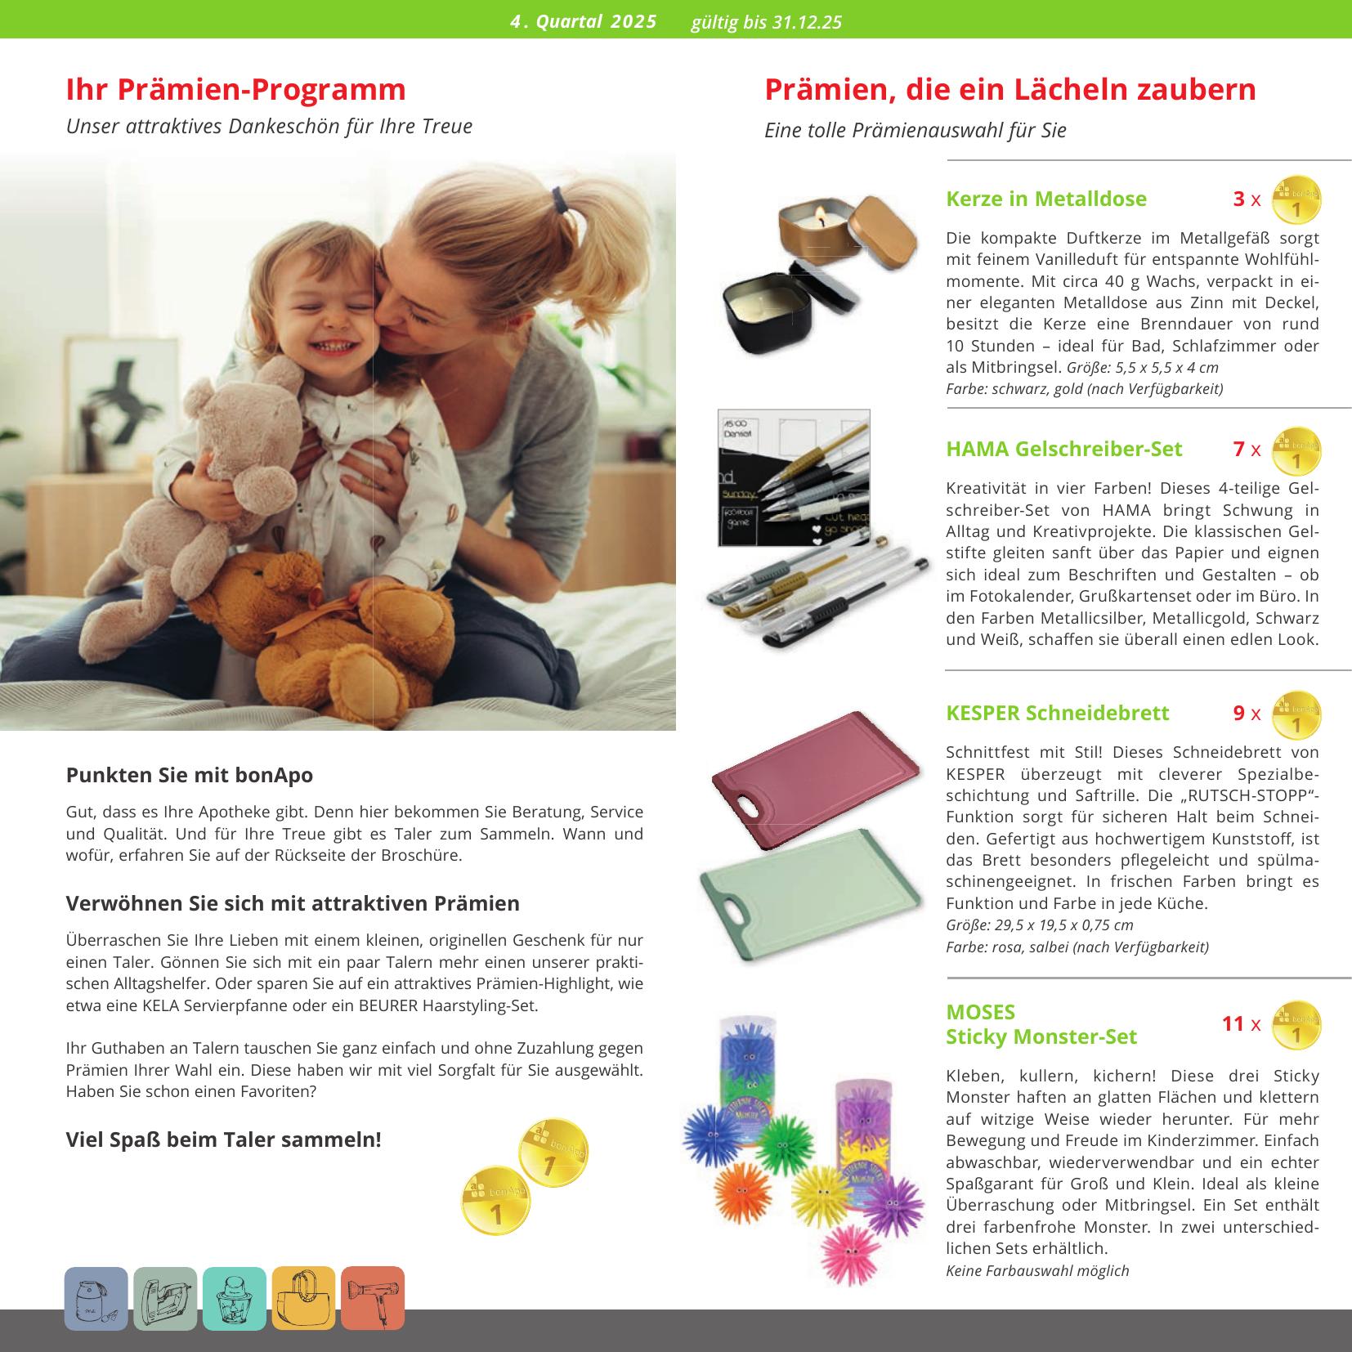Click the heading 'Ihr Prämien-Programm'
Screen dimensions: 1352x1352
tap(235, 90)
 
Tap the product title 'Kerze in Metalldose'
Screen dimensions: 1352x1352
tap(1045, 199)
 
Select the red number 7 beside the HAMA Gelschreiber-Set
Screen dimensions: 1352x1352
tap(1238, 449)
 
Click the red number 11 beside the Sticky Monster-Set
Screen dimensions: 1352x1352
tap(1232, 1023)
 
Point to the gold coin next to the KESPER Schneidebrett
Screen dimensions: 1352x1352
tap(1296, 715)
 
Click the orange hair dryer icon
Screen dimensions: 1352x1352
tap(373, 1298)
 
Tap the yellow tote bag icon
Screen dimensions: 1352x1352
tap(303, 1298)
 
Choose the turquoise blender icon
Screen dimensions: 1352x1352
tap(235, 1298)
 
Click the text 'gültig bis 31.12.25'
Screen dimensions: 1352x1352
tap(766, 22)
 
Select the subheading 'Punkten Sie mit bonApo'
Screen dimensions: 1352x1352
tap(189, 775)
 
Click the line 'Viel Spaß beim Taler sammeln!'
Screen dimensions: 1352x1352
tap(223, 1139)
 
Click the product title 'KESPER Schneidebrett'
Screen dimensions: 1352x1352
tap(1057, 713)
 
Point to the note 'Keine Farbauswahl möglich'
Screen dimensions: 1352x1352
tap(1036, 1270)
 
